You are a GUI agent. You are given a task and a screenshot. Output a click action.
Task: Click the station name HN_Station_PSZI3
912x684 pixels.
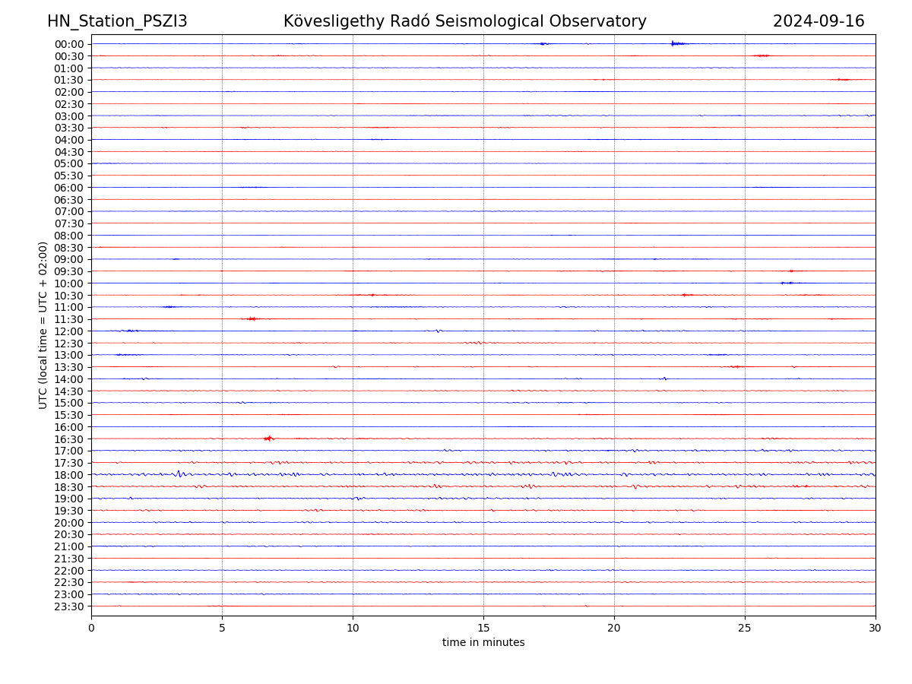coord(117,21)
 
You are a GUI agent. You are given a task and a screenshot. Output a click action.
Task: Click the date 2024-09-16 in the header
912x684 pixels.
coord(819,21)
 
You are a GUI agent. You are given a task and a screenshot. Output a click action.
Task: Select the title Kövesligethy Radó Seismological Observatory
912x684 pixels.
coord(464,21)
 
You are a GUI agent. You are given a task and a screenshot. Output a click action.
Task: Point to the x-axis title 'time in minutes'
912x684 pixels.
coord(483,642)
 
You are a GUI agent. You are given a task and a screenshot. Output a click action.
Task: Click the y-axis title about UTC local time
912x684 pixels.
coord(43,325)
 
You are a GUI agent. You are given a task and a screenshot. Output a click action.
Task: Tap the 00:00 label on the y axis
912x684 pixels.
coord(69,44)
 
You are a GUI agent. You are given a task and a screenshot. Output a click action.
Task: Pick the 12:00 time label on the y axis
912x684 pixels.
coord(69,331)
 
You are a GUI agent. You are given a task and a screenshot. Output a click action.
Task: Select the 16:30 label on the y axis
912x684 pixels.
coord(69,439)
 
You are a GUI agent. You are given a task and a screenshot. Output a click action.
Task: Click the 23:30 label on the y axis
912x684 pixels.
coord(69,606)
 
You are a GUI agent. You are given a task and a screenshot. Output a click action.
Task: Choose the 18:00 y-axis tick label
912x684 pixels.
coord(69,475)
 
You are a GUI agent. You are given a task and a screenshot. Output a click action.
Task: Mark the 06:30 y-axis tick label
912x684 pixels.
coord(69,200)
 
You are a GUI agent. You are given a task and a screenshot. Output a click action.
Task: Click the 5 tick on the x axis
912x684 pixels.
coord(222,628)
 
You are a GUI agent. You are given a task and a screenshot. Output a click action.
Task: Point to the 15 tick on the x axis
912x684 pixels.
coord(483,628)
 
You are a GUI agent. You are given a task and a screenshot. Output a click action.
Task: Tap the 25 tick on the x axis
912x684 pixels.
coord(745,628)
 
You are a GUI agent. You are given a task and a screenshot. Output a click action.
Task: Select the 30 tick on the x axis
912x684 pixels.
coord(876,628)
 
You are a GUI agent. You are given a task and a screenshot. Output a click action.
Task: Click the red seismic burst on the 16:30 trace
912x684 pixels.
coord(268,438)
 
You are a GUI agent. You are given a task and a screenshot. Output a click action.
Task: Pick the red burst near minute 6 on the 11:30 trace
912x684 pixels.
coord(252,318)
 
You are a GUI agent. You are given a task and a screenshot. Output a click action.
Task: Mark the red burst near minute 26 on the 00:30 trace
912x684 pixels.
coord(762,55)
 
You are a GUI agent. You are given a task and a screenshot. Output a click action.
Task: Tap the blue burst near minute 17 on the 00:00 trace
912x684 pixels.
coord(543,43)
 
